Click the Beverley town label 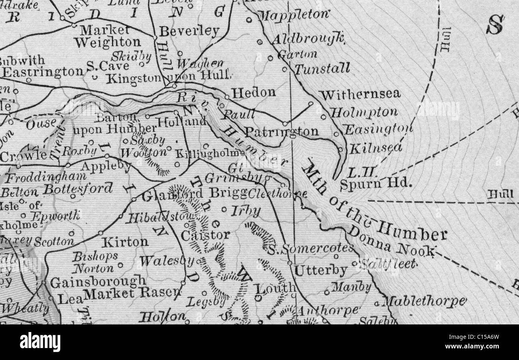pyautogui.click(x=189, y=31)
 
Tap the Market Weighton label pyautogui.click(x=107, y=36)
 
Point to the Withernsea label pyautogui.click(x=360, y=95)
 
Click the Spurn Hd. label pyautogui.click(x=375, y=183)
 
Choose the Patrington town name pyautogui.click(x=281, y=131)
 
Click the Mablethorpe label pyautogui.click(x=424, y=301)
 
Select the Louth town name pyautogui.click(x=275, y=288)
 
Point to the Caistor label pyautogui.click(x=205, y=235)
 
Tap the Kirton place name pyautogui.click(x=125, y=242)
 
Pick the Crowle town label pyautogui.click(x=23, y=156)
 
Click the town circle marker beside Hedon pyautogui.click(x=227, y=97)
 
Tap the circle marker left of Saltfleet pyautogui.click(x=355, y=263)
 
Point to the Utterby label pyautogui.click(x=320, y=270)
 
